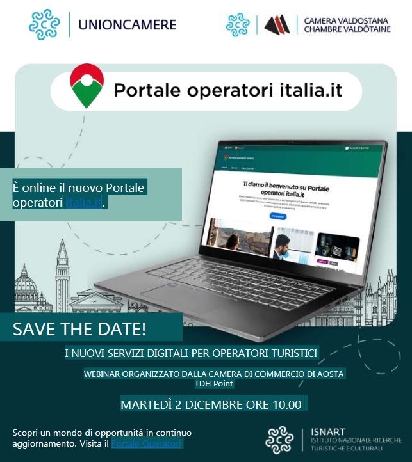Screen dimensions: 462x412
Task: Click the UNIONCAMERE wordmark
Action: [126, 26]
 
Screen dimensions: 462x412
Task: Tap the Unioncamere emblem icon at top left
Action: [45, 25]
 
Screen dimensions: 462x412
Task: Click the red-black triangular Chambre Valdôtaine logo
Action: [277, 25]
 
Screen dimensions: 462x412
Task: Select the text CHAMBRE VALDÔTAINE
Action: [347, 30]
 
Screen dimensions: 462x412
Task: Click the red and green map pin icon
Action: [87, 86]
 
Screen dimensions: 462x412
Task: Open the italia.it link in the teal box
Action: [83, 203]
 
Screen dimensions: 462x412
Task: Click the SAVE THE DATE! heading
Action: [79, 330]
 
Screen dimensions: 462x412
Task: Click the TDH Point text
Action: [213, 384]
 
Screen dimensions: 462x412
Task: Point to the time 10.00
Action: [286, 404]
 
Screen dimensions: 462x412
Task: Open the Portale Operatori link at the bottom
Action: [147, 443]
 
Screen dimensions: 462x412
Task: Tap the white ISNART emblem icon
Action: [279, 440]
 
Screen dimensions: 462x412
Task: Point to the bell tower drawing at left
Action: [62, 269]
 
